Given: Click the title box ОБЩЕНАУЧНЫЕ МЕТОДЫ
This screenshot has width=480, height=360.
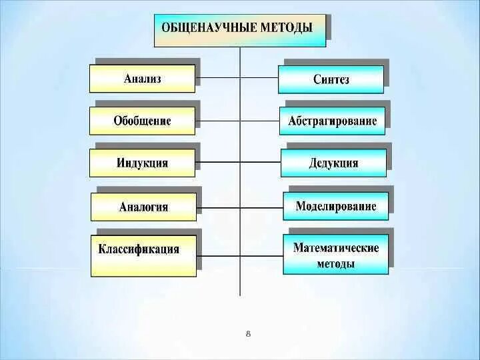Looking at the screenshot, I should pos(239,30).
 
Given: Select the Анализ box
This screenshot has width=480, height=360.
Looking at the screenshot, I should pos(142,79).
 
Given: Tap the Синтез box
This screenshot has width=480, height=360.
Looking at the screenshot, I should pos(331,79).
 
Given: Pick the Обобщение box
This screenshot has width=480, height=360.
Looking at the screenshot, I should pos(142,121).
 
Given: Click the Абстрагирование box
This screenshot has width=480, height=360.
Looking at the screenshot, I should pos(332,121).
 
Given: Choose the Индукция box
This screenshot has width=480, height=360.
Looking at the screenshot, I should pos(142,163).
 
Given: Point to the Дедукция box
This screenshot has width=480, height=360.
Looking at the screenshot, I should pos(333,163).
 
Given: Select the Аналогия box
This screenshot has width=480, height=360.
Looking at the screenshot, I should pos(143,207).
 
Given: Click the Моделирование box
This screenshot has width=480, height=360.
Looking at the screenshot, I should pos(335,207).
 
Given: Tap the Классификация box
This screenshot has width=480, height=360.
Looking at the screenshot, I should pos(143,255).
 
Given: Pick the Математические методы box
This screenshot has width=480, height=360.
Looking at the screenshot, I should pos(335,255).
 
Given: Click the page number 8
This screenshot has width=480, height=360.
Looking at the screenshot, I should pos(248,333).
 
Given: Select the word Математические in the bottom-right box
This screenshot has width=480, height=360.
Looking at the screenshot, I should pos(336,248).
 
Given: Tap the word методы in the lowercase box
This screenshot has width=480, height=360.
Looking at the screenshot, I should pos(336,264).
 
